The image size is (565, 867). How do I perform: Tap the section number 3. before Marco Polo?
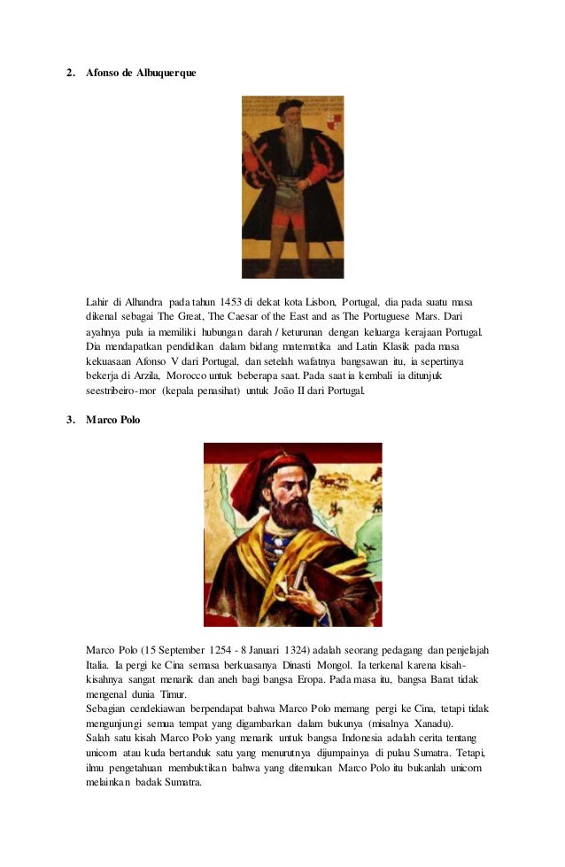pyautogui.click(x=72, y=419)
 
